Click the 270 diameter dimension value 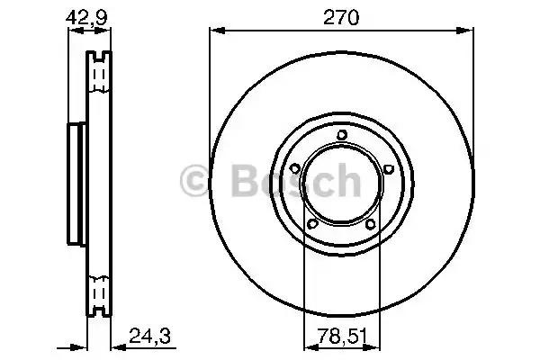[341, 17]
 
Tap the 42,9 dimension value [86, 17]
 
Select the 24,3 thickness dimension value [149, 336]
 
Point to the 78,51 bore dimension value [342, 336]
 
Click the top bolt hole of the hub [342, 135]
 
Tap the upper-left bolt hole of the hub [295, 168]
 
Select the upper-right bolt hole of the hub [389, 168]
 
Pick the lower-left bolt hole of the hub [312, 224]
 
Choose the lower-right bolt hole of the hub [371, 224]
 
